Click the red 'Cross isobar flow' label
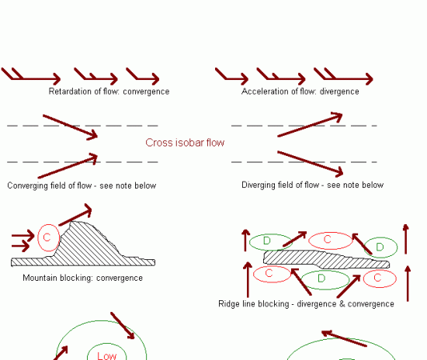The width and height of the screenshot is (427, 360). [x=185, y=143]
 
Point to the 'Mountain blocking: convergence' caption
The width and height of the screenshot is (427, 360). [x=82, y=278]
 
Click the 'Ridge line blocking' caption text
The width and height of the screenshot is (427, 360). [x=254, y=303]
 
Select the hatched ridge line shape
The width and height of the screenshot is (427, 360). [x=326, y=259]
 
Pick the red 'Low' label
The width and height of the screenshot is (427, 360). [x=107, y=355]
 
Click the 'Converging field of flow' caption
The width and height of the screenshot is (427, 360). [x=49, y=185]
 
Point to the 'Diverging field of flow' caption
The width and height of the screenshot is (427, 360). [x=280, y=185]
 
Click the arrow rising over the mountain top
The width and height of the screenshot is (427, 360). [x=75, y=214]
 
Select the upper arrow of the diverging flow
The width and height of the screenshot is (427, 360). [x=310, y=124]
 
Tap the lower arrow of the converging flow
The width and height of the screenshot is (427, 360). [x=68, y=166]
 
